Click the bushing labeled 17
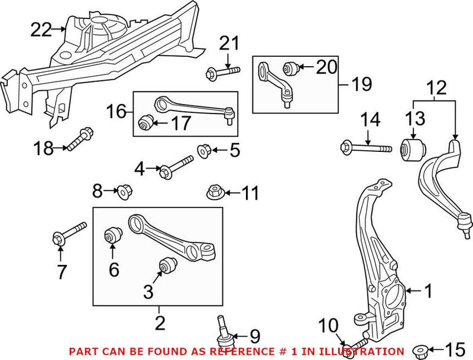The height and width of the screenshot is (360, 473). pos(145,123)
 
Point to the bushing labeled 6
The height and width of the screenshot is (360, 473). pos(113,235)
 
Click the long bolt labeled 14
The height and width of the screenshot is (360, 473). pos(365,146)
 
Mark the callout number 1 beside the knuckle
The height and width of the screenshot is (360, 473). pos(428,290)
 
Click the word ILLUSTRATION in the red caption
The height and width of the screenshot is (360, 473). pos(364,352)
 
